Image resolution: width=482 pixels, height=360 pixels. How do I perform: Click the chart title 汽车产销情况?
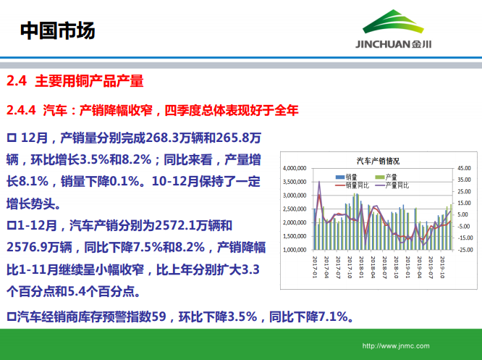click(378, 162)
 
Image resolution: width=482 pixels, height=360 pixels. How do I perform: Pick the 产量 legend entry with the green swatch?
click(386, 177)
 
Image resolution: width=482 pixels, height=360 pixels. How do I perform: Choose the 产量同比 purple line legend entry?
click(391, 185)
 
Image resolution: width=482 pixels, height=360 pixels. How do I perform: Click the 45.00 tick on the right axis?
click(464, 167)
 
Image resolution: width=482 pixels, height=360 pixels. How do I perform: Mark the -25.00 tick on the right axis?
click(464, 250)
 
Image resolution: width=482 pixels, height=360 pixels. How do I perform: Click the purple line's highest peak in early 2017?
click(319, 182)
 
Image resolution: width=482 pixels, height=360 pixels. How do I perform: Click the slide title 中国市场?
click(57, 30)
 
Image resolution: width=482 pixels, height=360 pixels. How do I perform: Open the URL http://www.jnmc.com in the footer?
click(396, 346)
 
